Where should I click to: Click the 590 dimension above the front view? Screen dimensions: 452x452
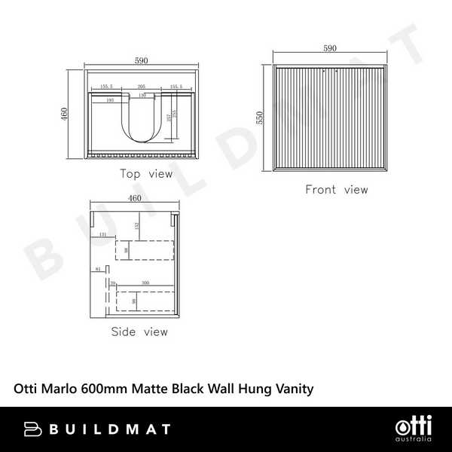point(329,49)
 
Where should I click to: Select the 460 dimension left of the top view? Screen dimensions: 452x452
point(66,114)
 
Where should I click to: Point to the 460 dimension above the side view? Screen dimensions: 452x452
point(135,199)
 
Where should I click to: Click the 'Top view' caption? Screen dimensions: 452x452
point(146,174)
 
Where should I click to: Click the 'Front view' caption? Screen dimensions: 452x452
point(336,190)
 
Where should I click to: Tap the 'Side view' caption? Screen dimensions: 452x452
point(139,331)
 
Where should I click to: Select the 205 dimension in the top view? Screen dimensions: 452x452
point(142,87)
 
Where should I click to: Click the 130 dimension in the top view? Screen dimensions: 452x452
point(142,95)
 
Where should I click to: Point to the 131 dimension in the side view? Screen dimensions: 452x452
point(102,235)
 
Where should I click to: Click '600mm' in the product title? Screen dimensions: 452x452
point(108,389)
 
